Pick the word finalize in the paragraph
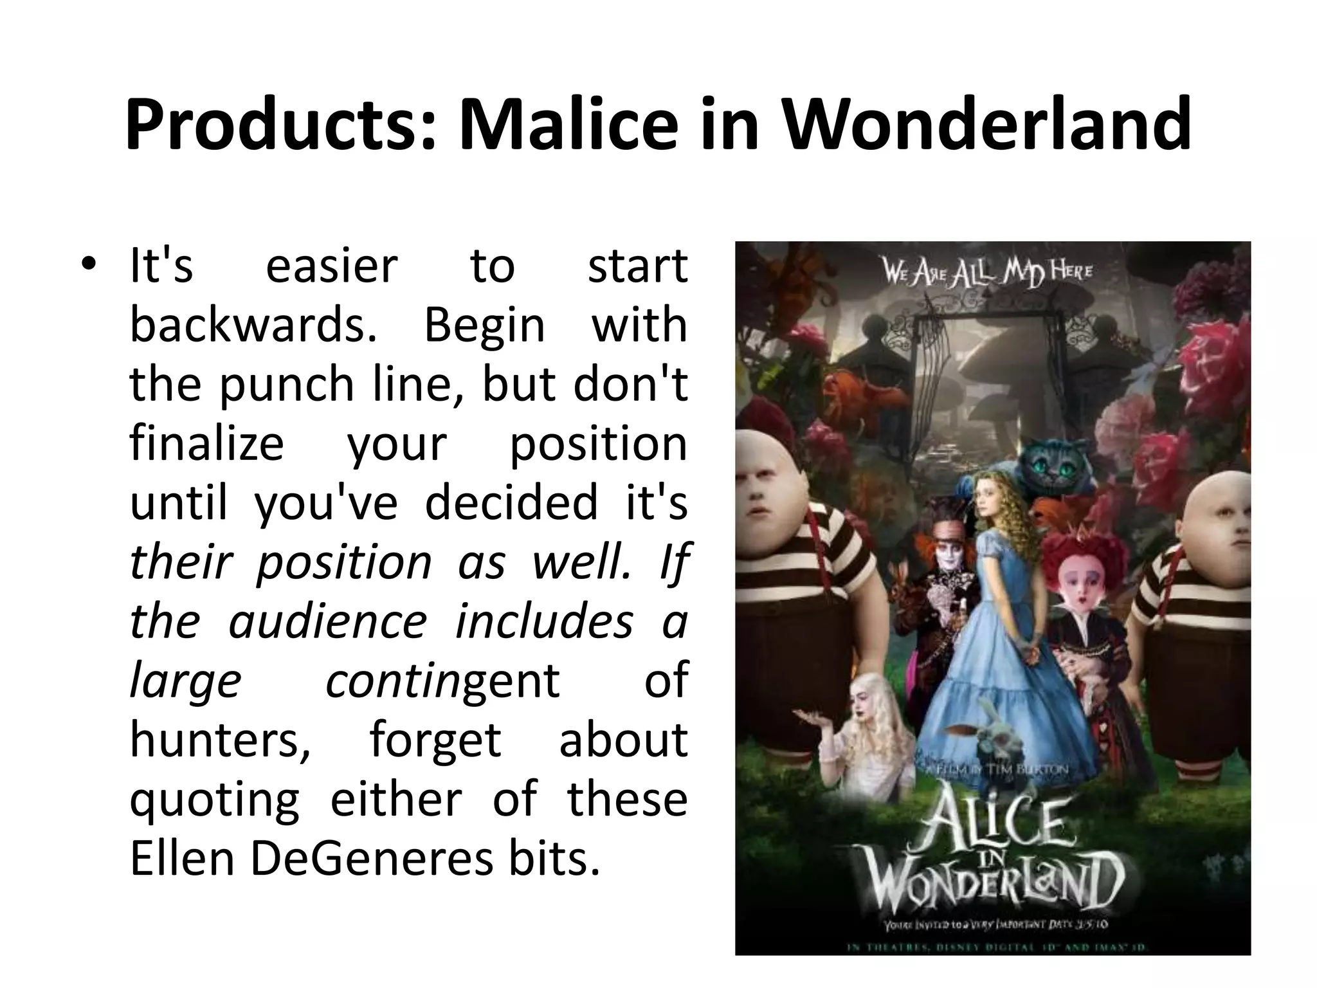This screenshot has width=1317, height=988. [206, 444]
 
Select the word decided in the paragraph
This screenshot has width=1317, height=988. [512, 503]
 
